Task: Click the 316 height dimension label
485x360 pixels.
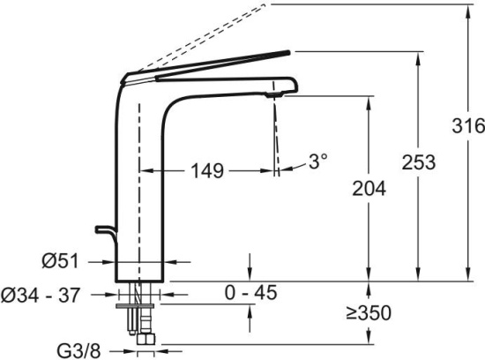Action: [468, 125]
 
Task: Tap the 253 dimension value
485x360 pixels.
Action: [419, 162]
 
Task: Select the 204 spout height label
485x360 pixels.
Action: [369, 188]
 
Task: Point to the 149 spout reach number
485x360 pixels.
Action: [207, 170]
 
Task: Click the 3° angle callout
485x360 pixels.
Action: [318, 161]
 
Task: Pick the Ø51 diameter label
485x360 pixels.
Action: [61, 261]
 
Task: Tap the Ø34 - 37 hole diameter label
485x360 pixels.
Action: [41, 295]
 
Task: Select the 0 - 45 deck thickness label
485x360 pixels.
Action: [250, 293]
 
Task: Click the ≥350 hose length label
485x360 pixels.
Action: [369, 312]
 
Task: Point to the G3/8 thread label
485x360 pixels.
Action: [78, 351]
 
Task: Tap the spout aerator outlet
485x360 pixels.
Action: [274, 95]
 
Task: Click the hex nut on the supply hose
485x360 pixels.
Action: [145, 338]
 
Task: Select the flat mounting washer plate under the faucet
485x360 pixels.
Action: [135, 306]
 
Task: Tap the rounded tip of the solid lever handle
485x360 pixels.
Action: [288, 52]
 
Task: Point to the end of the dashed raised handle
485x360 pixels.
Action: [265, 4]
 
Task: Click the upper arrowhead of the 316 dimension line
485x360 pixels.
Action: [468, 10]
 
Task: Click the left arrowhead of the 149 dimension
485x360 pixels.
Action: [145, 170]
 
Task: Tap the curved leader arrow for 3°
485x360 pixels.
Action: [293, 167]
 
